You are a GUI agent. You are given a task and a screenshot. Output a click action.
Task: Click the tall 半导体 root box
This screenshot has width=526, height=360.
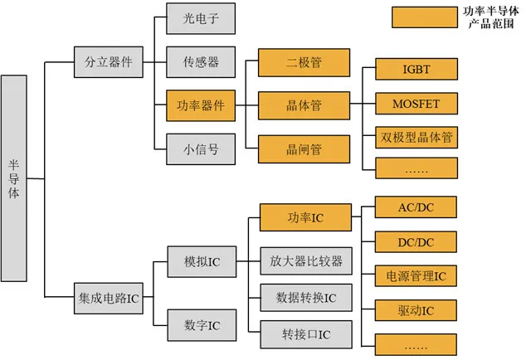(14, 178)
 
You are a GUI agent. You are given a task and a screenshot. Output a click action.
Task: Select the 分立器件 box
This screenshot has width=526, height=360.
(109, 62)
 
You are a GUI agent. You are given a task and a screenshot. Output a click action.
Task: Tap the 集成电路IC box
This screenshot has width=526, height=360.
(109, 297)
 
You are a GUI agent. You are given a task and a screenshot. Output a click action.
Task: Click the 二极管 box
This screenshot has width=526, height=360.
(303, 62)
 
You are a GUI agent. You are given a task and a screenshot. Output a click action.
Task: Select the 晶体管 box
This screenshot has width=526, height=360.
(303, 105)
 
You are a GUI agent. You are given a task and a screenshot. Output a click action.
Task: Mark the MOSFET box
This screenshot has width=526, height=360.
(416, 104)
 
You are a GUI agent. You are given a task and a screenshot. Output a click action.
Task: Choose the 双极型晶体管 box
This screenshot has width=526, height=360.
(416, 137)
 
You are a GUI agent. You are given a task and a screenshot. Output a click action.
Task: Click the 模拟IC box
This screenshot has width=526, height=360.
(202, 261)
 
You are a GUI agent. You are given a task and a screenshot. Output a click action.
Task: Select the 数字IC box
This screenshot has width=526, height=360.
(202, 324)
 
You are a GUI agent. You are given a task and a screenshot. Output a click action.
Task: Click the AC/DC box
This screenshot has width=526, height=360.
(416, 207)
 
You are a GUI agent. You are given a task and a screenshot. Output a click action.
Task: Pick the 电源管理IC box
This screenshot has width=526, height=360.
(416, 276)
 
